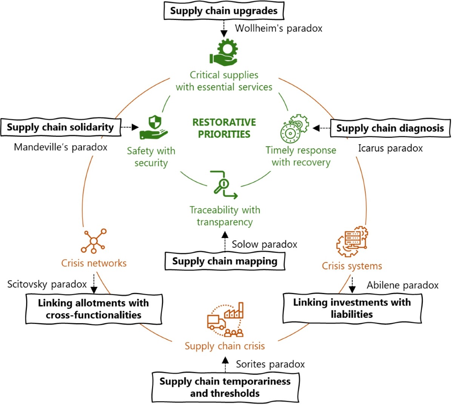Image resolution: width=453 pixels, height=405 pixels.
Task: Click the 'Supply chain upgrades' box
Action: pos(223,11)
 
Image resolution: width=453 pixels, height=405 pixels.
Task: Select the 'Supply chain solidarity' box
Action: pos(60,127)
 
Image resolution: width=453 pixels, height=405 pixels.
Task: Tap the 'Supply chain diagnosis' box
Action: pos(390,128)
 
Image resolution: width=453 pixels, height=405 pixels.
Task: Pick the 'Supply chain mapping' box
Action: pos(225,261)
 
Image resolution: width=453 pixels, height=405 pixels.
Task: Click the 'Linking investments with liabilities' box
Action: pos(352,308)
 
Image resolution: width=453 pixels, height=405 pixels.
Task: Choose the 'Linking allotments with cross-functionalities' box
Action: pos(94,309)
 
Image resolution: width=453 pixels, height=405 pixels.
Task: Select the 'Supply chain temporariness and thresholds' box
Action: pos(225,387)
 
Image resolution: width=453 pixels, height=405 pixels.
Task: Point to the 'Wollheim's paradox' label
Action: pos(279,28)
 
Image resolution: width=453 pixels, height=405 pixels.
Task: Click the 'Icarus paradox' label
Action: pos(390,148)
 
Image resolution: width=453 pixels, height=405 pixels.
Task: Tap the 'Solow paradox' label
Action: pos(264,244)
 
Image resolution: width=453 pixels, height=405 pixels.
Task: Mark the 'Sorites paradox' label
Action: pos(270,364)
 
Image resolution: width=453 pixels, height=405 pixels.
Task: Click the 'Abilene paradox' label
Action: pos(402,285)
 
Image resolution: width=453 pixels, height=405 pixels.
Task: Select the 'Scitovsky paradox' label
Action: pos(47,284)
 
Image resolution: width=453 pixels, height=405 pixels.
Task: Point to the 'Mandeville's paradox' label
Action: pos(60,147)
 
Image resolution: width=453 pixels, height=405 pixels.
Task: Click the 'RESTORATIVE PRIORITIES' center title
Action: pos(224,128)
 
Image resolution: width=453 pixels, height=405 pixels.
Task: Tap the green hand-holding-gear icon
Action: pos(223,52)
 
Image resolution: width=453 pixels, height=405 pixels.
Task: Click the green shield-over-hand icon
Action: pos(153,128)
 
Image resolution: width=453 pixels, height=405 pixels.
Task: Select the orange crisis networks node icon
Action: pos(94,241)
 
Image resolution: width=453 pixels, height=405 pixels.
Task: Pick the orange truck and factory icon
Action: pos(225,320)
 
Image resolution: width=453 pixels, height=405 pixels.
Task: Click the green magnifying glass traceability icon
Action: pos(223,185)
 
